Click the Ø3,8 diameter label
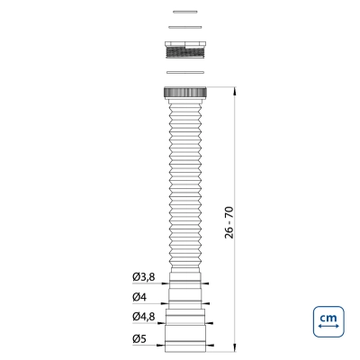point(144,277)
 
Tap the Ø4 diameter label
point(139,297)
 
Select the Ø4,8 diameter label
point(144,316)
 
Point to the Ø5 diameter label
point(139,339)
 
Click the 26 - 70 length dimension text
point(229,222)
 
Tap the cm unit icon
point(328,321)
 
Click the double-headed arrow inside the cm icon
point(328,326)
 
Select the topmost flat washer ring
point(185,12)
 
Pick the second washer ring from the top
point(184,27)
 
